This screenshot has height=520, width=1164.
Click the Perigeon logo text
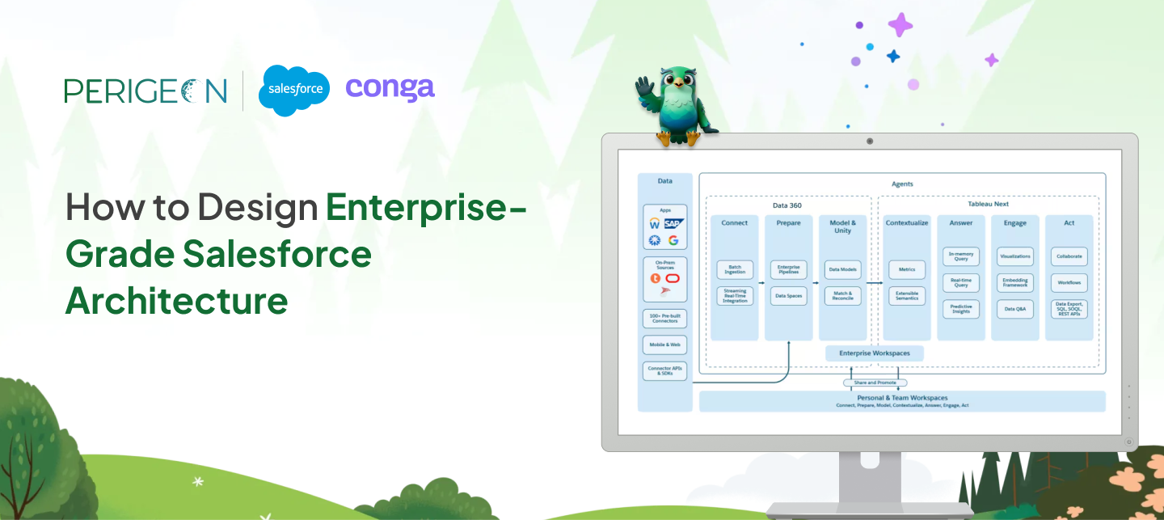145,90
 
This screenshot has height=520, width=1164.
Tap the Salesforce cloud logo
294,90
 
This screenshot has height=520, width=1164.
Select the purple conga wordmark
390,88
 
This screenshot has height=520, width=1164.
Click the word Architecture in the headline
176,301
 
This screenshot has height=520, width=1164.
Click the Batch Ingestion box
735,269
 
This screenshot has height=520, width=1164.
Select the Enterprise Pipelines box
788,269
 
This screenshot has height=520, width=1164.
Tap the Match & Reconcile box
842,295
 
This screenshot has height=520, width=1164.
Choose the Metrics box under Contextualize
906,269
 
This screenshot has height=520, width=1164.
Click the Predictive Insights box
961,309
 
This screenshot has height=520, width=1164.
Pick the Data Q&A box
1015,309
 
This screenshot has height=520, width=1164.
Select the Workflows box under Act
1069,282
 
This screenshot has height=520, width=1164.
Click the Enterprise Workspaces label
874,353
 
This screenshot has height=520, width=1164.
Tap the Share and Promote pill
875,383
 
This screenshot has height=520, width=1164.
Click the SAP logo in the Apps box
673,223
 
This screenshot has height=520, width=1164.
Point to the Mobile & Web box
664,345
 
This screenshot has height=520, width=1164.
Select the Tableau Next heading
988,204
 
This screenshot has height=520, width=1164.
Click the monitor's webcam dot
870,141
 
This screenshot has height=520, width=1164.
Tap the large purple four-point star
900,24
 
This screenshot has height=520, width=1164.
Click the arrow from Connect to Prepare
761,283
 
